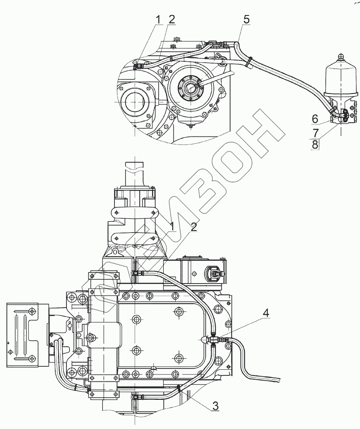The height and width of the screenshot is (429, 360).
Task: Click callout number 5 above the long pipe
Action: [246, 19]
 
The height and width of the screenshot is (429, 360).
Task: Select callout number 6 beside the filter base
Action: [315, 119]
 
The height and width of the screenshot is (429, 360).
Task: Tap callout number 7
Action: [316, 133]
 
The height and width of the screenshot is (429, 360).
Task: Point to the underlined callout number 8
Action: [315, 145]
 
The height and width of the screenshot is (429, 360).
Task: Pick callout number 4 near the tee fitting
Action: [265, 313]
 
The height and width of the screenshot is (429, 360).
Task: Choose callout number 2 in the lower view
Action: [194, 227]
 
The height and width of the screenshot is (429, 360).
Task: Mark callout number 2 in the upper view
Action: [171, 19]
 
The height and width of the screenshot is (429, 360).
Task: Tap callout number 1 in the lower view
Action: [172, 227]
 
